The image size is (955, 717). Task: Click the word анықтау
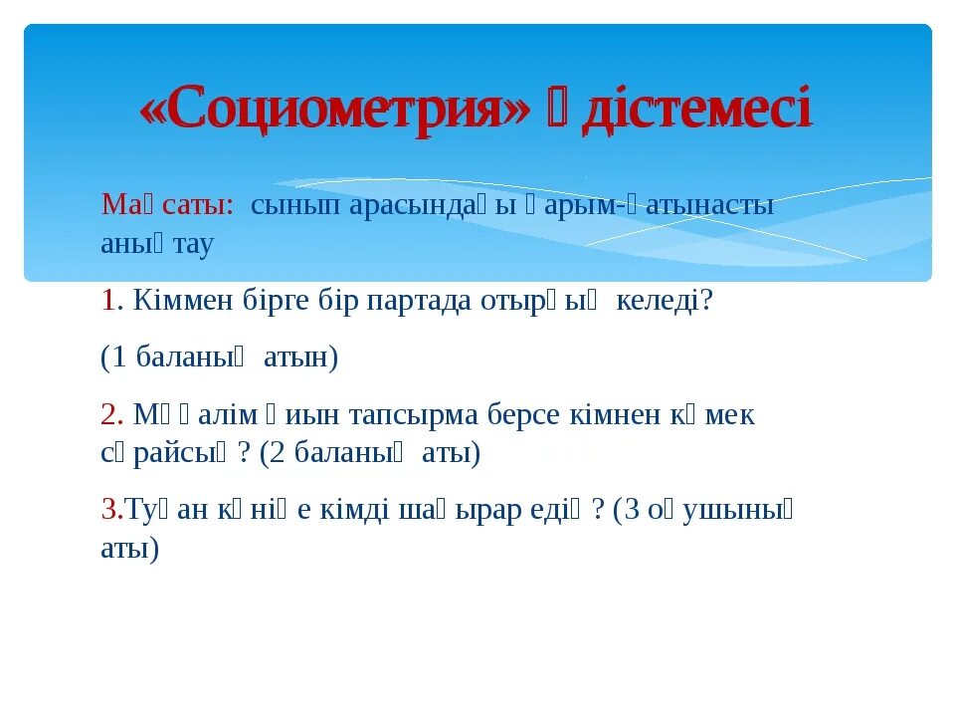pos(157,244)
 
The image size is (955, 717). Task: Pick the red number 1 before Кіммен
pos(107,301)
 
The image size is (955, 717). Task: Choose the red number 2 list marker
pos(108,414)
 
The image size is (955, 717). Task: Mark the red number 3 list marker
pos(107,510)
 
